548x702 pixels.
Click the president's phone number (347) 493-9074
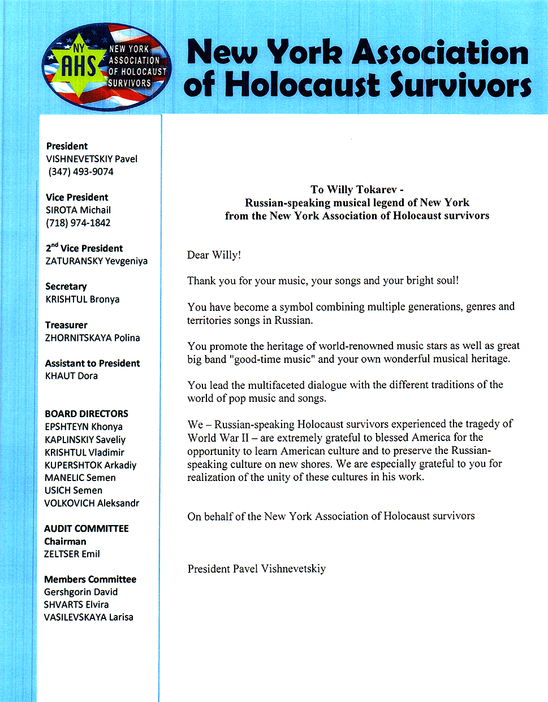click(x=80, y=172)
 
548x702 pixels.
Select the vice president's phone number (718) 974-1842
click(x=78, y=223)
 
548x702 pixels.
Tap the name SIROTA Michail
click(x=78, y=210)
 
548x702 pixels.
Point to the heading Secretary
click(x=66, y=287)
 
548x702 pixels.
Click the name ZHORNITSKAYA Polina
click(x=92, y=338)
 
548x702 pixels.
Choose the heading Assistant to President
click(x=92, y=363)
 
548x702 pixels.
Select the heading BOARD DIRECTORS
click(x=87, y=414)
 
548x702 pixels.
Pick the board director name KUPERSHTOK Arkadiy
click(x=90, y=465)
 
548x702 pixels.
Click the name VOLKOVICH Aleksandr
click(x=92, y=503)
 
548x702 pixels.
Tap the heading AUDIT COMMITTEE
click(x=87, y=528)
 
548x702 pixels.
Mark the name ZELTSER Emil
click(x=72, y=554)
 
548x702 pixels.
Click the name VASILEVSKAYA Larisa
click(x=89, y=617)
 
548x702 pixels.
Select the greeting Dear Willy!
click(x=214, y=255)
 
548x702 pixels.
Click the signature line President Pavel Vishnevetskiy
click(x=257, y=569)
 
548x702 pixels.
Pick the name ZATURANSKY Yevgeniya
click(x=96, y=261)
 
